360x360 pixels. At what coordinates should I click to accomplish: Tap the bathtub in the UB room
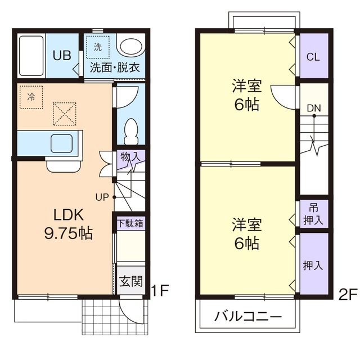pyautogui.click(x=30, y=56)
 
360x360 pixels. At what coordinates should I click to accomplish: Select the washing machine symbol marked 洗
pyautogui.click(x=98, y=48)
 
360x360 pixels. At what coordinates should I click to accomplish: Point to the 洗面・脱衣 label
pyautogui.click(x=115, y=69)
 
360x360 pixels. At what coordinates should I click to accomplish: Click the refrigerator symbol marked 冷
pyautogui.click(x=31, y=96)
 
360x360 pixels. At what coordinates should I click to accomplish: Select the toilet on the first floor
pyautogui.click(x=131, y=130)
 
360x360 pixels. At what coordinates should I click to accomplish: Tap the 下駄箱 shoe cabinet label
pyautogui.click(x=130, y=223)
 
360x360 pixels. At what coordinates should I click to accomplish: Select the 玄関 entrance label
pyautogui.click(x=130, y=281)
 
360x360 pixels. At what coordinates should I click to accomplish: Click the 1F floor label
pyautogui.click(x=160, y=291)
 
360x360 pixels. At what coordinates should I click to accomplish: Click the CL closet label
pyautogui.click(x=313, y=57)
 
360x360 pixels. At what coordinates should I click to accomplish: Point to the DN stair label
pyautogui.click(x=314, y=107)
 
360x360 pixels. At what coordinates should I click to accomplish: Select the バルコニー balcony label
pyautogui.click(x=248, y=317)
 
